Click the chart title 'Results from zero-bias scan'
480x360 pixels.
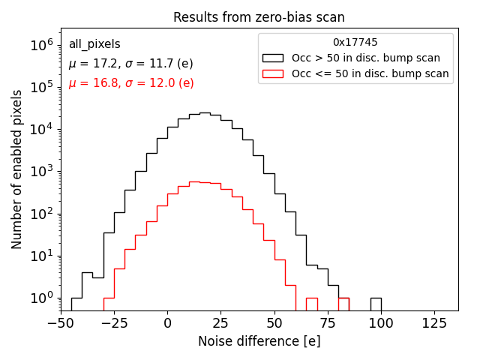259,17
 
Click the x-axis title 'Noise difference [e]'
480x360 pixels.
259,341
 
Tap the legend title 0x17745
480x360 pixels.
355,43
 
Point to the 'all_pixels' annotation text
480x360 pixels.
94,44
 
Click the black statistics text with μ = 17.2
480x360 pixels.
131,64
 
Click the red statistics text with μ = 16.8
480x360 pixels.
131,83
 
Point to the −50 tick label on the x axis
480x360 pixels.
61,322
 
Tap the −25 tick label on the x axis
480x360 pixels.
114,322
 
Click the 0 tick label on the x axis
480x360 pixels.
167,322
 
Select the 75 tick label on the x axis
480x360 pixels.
328,322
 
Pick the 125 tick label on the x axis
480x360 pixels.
434,322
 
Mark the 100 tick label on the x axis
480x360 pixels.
381,322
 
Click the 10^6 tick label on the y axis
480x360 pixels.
41,45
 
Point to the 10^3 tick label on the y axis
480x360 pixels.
41,172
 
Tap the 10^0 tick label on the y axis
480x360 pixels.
41,298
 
